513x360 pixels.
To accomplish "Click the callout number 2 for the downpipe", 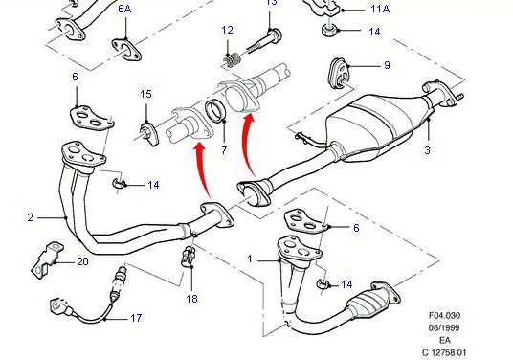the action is click(x=30, y=217).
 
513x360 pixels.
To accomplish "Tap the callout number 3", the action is click(x=427, y=150).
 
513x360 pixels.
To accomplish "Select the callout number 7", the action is click(x=224, y=150).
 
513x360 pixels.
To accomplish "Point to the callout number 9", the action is click(x=387, y=65).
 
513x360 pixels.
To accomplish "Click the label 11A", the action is click(x=380, y=9).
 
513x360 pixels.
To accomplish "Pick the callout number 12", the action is click(x=228, y=30).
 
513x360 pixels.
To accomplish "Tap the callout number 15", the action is click(x=145, y=94).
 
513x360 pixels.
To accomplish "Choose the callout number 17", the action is click(x=136, y=318).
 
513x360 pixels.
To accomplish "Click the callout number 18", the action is click(x=192, y=298).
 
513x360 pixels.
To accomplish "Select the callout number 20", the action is click(x=82, y=261).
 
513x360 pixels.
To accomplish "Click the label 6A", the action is click(x=124, y=9).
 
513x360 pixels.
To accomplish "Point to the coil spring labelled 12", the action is click(x=232, y=61).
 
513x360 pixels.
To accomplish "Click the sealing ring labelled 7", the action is click(x=215, y=110).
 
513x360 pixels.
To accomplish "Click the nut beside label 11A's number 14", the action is click(x=329, y=30).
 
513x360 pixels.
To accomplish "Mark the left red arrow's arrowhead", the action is click(x=199, y=150).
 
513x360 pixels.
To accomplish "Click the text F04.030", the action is click(x=444, y=316).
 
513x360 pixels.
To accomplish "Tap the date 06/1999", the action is click(x=444, y=328).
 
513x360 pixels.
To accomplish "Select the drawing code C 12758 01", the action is click(x=444, y=352).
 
